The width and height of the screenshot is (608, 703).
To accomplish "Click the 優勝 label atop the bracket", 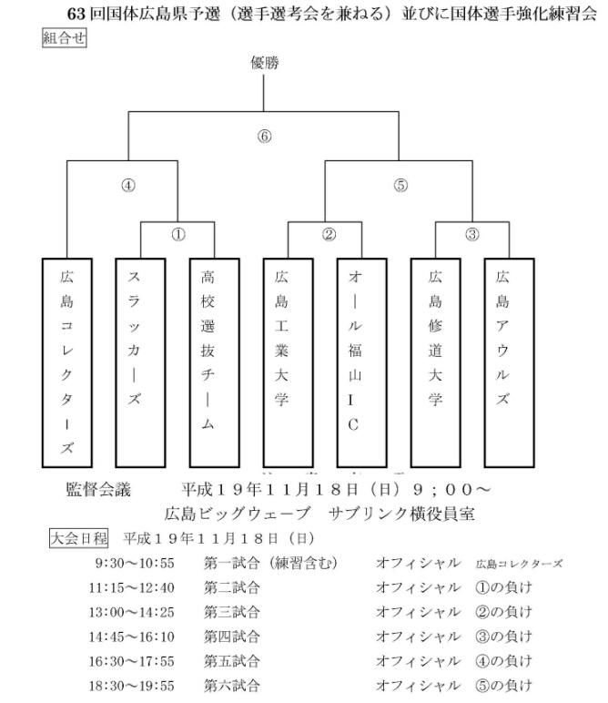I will tap(264, 63).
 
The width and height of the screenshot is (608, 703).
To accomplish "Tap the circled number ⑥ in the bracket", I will tap(265, 137).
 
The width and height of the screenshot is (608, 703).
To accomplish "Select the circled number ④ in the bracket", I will tap(128, 185).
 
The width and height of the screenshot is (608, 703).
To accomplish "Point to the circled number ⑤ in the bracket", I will tap(400, 185).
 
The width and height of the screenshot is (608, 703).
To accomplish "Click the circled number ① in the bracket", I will tap(178, 234).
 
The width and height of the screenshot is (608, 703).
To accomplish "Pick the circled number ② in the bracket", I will tap(329, 234).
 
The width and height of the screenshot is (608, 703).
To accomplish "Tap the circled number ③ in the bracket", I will tap(471, 234).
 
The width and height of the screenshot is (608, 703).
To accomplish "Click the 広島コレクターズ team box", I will tap(67, 362).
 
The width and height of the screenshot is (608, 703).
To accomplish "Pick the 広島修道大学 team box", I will tap(435, 362).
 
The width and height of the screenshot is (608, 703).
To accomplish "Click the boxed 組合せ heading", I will tap(64, 37).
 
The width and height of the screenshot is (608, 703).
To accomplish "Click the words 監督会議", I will tap(98, 490).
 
